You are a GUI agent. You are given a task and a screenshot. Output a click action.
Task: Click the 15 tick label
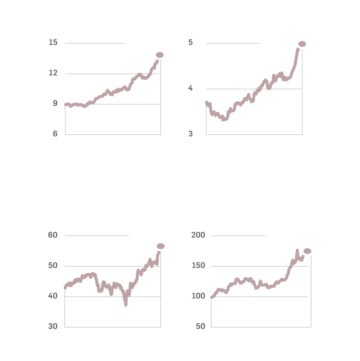(x=53, y=42)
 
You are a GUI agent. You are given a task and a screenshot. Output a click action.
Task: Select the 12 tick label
(x=53, y=73)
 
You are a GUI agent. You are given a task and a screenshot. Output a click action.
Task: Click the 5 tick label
(x=191, y=42)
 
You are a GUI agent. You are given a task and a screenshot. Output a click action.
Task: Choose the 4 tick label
(x=191, y=88)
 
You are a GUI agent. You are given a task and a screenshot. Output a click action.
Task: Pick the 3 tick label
(x=191, y=134)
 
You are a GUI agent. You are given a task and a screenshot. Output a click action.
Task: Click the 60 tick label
(x=53, y=235)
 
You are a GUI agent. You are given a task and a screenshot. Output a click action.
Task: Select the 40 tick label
(x=53, y=296)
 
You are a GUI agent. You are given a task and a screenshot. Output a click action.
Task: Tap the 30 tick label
(x=53, y=326)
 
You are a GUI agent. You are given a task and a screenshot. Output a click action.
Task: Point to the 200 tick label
(x=198, y=235)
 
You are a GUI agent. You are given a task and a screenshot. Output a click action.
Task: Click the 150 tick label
(x=198, y=265)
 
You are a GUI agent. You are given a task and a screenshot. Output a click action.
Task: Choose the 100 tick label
(x=198, y=296)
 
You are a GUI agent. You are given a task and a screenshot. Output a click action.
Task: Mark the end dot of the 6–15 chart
(x=160, y=55)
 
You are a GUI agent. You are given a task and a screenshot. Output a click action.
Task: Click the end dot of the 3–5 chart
(x=302, y=44)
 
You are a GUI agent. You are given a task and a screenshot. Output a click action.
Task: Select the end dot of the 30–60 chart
(x=161, y=246)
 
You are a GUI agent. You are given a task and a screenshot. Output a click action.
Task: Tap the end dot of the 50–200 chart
(x=307, y=251)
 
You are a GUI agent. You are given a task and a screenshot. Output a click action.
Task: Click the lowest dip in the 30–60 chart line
(x=126, y=305)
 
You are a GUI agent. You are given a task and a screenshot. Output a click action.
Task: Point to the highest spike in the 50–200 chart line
(x=297, y=251)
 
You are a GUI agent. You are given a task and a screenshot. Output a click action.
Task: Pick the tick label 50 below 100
(x=200, y=326)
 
